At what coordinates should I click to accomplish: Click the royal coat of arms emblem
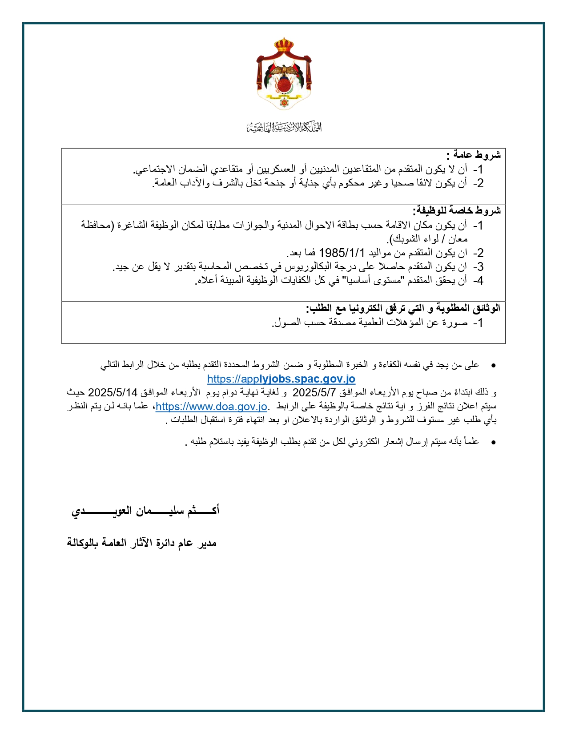tap(284, 74)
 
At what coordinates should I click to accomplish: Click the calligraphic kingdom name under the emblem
tap(284, 128)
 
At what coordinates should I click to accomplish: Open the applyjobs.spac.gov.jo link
tap(281, 379)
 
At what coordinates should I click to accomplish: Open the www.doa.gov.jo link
tap(211, 406)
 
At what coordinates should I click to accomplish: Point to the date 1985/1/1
tap(342, 253)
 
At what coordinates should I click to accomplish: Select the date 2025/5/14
tap(113, 392)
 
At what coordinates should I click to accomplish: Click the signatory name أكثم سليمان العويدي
tap(145, 510)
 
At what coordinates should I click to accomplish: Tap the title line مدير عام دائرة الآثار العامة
tap(141, 543)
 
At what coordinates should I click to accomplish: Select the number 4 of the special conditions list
tap(479, 281)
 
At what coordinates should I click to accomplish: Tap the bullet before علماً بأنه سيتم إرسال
tap(493, 442)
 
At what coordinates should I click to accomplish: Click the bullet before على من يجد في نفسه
tap(493, 365)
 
